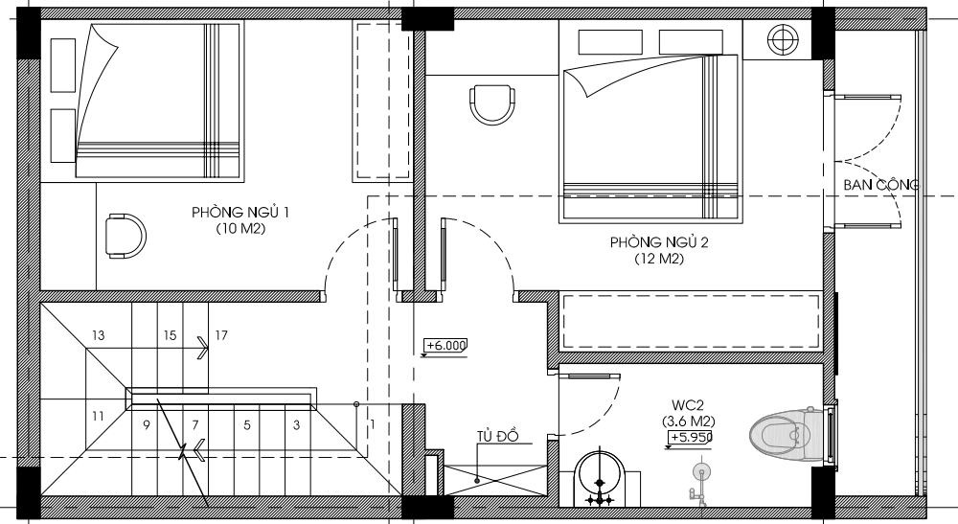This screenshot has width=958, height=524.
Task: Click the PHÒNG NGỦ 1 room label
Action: point(240,213)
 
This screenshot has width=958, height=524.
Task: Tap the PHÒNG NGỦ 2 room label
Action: point(659,242)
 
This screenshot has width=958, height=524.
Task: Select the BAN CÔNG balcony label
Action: point(880,185)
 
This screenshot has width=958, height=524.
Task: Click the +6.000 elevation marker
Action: point(445,346)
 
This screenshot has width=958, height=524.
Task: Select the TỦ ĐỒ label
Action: point(498,436)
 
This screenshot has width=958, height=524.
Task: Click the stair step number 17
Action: point(221,335)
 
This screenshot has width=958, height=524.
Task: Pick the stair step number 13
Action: point(98,335)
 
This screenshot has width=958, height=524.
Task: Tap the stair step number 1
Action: point(372,423)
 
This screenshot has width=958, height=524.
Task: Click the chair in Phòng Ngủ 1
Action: point(125,237)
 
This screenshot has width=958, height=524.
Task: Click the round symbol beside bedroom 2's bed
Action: point(783,39)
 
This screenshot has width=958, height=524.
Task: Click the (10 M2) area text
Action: point(240,229)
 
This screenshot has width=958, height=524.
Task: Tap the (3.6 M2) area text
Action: point(689,421)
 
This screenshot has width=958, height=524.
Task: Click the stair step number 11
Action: point(98,417)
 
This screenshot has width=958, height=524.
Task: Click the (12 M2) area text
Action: point(659,259)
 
